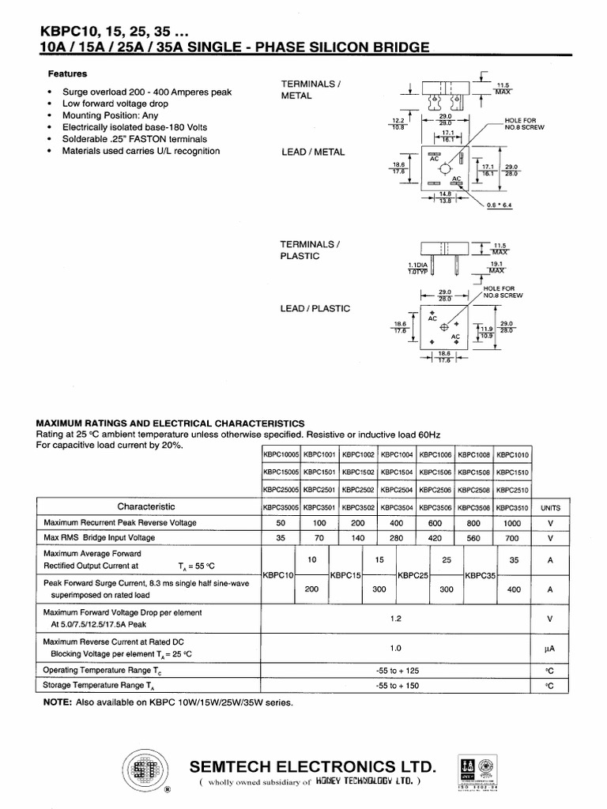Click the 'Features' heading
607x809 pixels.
click(67, 73)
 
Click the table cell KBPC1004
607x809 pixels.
click(398, 454)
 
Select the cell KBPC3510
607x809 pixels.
click(514, 507)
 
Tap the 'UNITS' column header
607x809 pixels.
click(551, 507)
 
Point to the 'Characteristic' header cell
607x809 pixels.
click(146, 506)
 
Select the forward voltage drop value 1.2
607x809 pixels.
click(397, 619)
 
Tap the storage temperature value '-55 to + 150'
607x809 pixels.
click(397, 685)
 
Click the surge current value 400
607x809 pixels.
click(514, 589)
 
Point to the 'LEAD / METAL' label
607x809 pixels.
click(313, 152)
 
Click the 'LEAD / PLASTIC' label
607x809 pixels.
click(315, 309)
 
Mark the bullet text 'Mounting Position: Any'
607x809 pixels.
click(114, 115)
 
